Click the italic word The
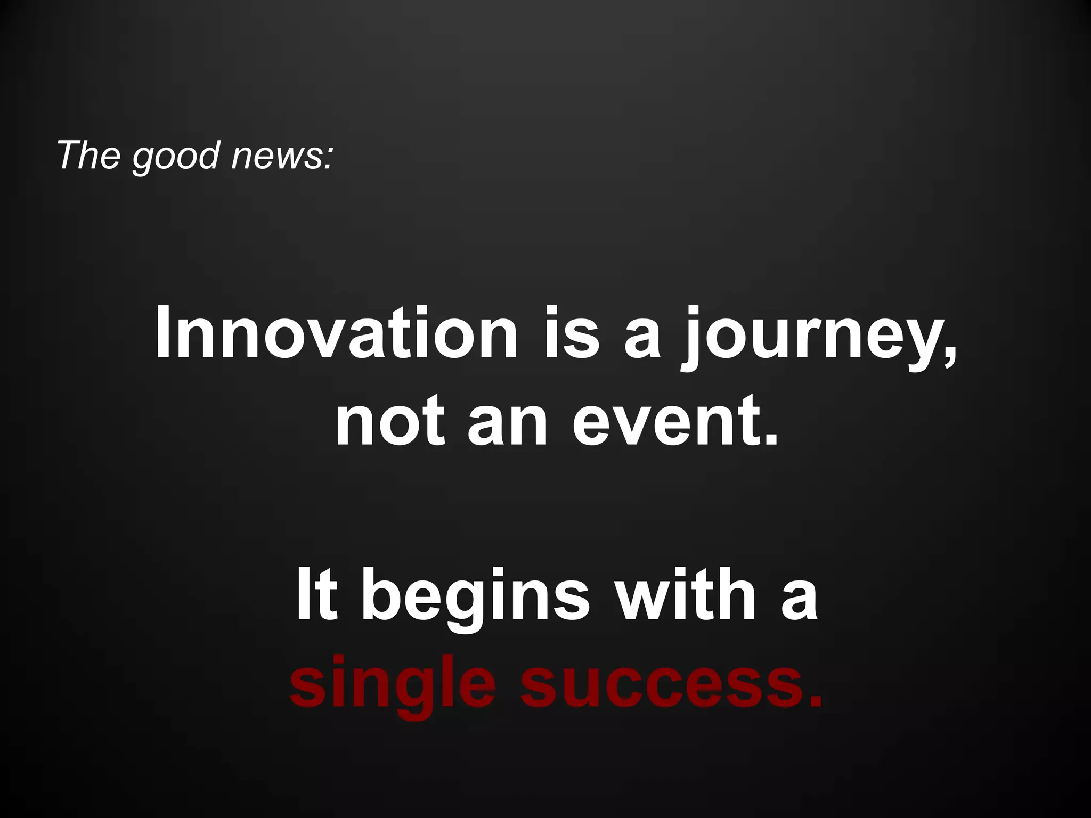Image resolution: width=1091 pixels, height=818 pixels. click(88, 156)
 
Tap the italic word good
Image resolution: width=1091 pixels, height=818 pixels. click(176, 158)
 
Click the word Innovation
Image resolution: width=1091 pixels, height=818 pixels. click(336, 334)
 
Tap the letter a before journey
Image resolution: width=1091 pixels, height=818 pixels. click(642, 341)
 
